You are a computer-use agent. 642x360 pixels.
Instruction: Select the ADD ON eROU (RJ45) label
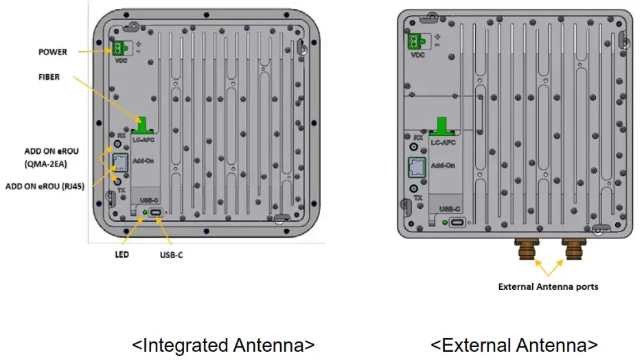tap(45, 185)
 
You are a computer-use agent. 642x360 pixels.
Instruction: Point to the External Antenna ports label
tap(548, 286)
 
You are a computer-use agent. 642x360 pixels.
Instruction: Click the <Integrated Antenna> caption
tap(223, 344)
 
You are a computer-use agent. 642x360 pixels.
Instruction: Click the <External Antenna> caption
tap(514, 344)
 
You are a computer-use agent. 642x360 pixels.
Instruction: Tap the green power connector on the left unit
tap(119, 48)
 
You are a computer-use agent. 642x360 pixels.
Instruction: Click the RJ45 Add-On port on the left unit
tap(119, 163)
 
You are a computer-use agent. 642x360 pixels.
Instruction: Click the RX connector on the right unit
tap(414, 146)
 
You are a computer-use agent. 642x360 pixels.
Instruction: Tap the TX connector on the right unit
tap(414, 188)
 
